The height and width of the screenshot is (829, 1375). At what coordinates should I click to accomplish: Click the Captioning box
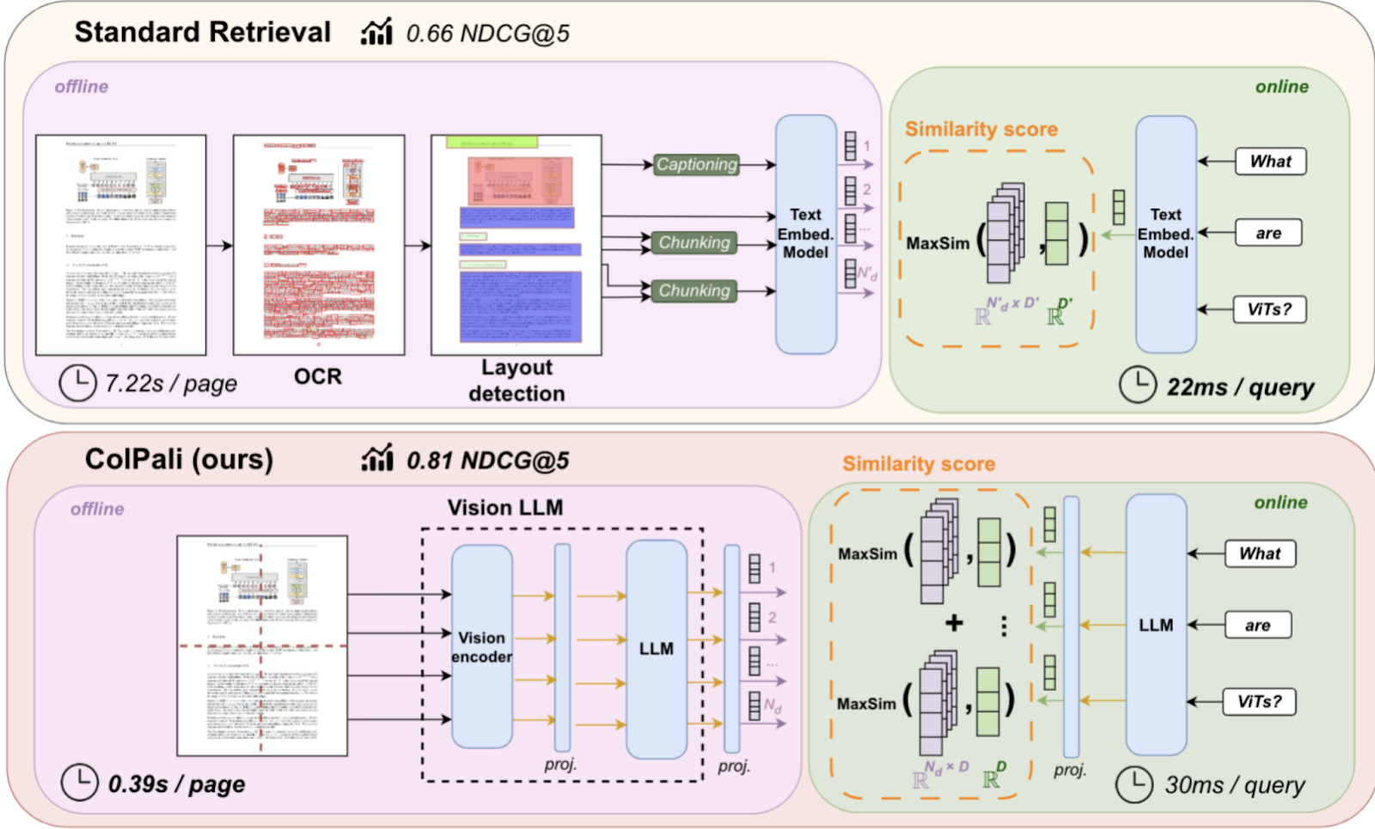click(696, 164)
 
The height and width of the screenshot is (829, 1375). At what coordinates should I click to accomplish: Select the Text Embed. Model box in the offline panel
click(805, 234)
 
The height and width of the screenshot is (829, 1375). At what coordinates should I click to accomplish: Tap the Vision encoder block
click(481, 647)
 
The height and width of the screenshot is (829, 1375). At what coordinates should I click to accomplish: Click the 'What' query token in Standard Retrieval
click(1270, 162)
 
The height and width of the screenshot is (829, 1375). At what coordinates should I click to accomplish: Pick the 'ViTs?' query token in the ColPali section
click(1259, 702)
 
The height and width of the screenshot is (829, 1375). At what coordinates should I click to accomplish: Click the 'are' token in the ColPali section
click(1257, 625)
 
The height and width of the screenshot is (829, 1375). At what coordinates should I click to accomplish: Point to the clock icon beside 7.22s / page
click(77, 383)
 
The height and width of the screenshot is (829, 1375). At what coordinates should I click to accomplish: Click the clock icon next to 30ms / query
click(1134, 784)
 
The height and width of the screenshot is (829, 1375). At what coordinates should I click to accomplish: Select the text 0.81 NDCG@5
click(487, 461)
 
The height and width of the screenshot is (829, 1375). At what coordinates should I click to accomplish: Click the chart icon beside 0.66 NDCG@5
click(376, 33)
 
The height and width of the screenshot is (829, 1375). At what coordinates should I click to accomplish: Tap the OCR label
click(318, 376)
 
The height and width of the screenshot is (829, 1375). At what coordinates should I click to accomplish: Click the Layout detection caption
click(516, 381)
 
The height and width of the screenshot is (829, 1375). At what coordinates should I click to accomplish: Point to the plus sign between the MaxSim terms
click(954, 623)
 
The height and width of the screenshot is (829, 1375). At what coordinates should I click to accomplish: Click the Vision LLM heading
click(505, 508)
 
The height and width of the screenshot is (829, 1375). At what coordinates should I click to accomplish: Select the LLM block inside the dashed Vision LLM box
click(656, 649)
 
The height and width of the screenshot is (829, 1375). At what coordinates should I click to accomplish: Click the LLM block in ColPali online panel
click(1156, 625)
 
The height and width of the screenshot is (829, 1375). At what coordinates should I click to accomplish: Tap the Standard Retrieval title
click(203, 33)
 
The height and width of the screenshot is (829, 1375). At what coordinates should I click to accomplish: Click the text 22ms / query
click(1240, 387)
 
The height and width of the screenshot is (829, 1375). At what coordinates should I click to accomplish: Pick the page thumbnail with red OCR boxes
click(319, 245)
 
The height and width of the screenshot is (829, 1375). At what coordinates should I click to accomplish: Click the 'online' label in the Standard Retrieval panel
click(1281, 87)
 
